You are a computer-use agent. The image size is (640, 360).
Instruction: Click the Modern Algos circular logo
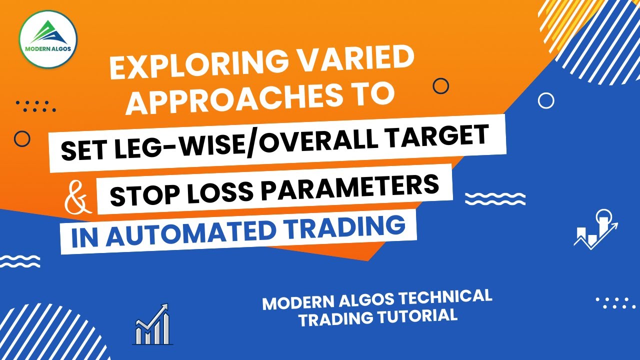48,39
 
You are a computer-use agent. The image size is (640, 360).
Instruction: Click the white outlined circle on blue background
546,101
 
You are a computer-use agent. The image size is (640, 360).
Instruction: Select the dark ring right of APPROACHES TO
440,86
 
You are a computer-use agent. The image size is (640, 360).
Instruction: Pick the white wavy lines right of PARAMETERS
495,199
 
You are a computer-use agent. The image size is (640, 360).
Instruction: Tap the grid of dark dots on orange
36,106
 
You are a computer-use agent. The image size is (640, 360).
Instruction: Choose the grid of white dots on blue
615,302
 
